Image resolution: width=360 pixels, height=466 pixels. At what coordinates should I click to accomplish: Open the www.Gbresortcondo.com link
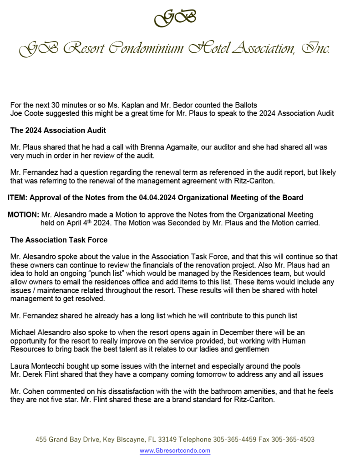coord(175,451)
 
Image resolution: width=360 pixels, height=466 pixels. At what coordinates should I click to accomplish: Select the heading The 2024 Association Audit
coord(58,131)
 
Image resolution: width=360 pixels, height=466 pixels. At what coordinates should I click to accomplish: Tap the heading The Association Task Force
coord(59,240)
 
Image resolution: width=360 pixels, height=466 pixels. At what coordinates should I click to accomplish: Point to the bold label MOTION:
coord(23,214)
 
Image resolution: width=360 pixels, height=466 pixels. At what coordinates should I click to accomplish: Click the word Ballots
coord(249,106)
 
